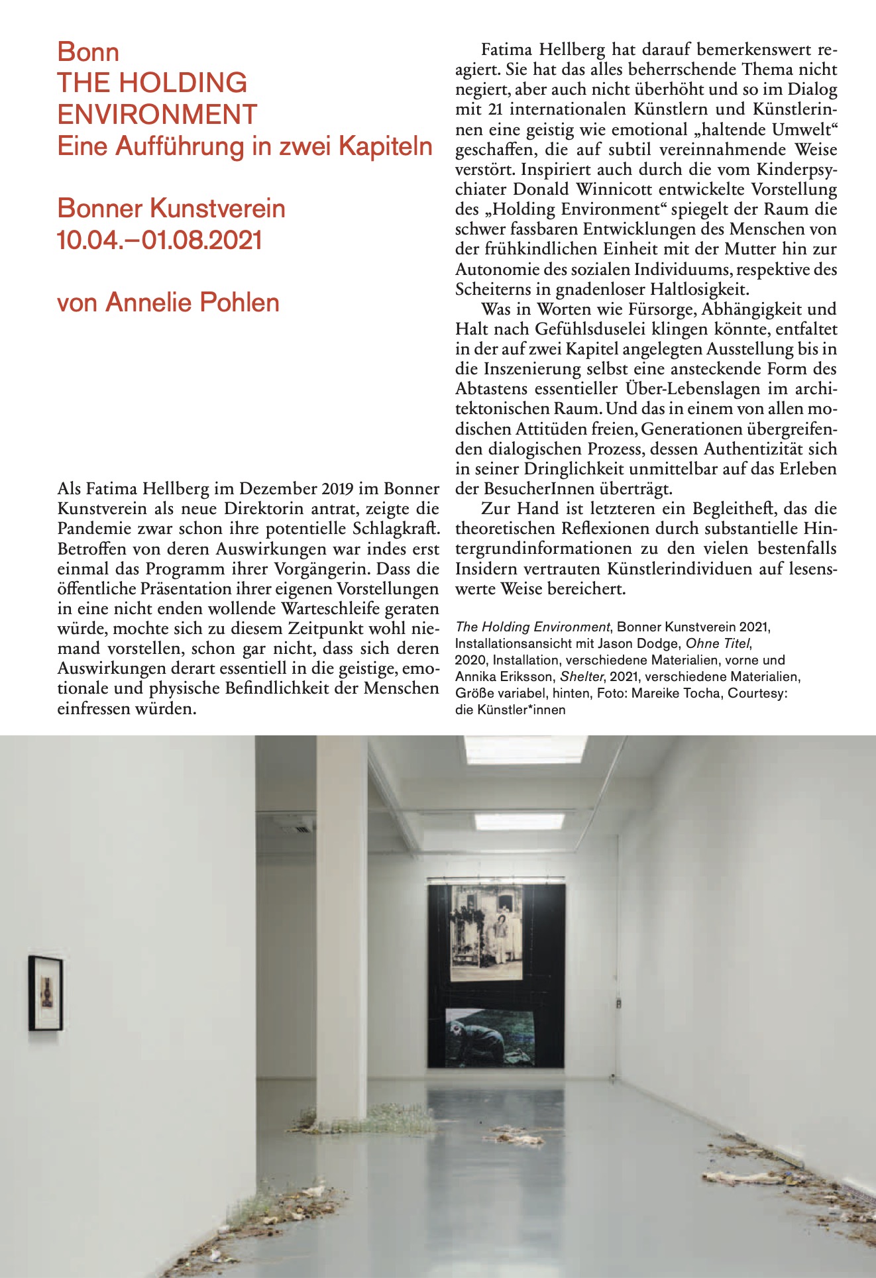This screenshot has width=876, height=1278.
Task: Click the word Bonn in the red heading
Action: (88, 52)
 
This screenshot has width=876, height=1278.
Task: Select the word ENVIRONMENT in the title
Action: (157, 115)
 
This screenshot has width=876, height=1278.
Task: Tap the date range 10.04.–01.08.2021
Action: (160, 240)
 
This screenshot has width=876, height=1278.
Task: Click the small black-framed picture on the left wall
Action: (46, 992)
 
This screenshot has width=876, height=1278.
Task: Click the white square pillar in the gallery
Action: (341, 928)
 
